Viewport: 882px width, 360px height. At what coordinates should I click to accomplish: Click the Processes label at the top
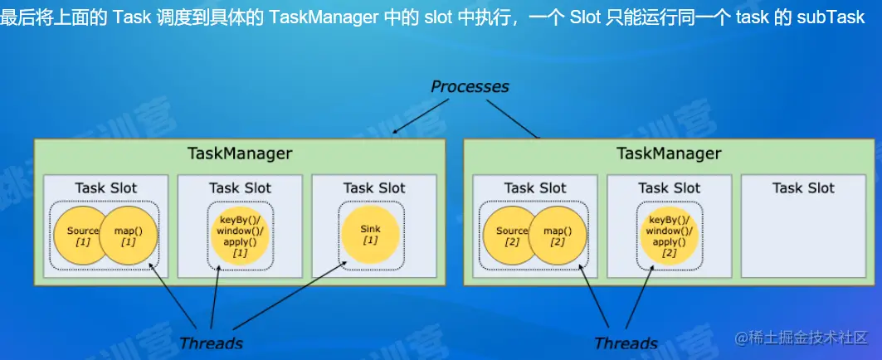470,86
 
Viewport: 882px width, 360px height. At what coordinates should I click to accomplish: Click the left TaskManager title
240,153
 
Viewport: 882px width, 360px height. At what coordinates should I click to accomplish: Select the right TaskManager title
669,153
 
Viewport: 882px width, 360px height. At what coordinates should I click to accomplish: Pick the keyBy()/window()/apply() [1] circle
240,236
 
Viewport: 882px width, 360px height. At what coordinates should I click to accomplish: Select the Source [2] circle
508,236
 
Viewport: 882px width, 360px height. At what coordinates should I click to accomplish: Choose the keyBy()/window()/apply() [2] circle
670,236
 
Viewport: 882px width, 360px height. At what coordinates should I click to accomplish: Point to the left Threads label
211,343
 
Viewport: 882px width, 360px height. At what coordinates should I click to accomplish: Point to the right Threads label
626,343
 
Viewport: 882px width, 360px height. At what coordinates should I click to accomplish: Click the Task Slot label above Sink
374,188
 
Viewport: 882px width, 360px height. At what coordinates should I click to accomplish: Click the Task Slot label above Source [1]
106,188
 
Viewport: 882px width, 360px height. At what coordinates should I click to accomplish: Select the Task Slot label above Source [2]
535,188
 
